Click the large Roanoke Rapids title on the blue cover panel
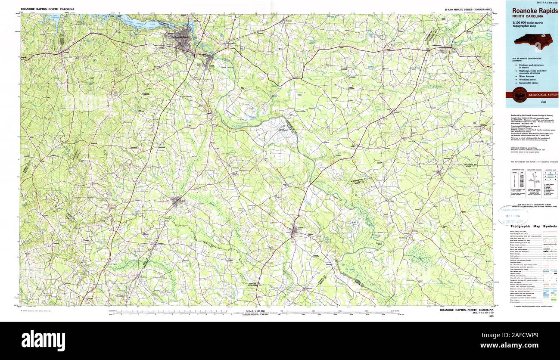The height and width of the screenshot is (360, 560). pyautogui.click(x=535, y=10)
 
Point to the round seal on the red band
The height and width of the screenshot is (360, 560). pyautogui.click(x=519, y=94)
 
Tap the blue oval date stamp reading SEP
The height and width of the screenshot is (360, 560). pyautogui.click(x=513, y=215)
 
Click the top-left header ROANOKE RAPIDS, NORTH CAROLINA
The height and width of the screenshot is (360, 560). pyautogui.click(x=47, y=9)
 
